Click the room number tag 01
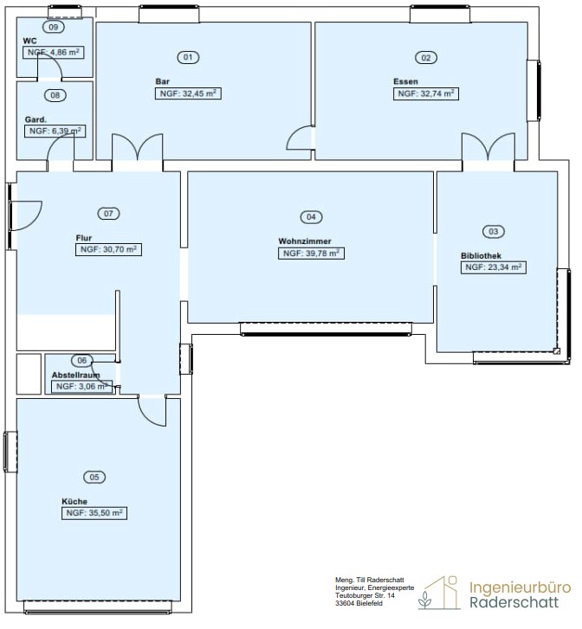pyautogui.click(x=188, y=57)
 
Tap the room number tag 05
pyautogui.click(x=94, y=477)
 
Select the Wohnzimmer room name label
pyautogui.click(x=305, y=241)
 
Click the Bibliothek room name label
pyautogui.click(x=482, y=255)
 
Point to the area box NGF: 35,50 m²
pyautogui.click(x=94, y=513)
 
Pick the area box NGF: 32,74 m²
pyautogui.click(x=426, y=93)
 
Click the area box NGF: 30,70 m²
pyautogui.click(x=108, y=249)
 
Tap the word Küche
pyautogui.click(x=74, y=502)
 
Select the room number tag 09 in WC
pyautogui.click(x=54, y=27)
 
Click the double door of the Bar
pyautogui.click(x=138, y=148)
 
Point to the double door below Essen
pyautogui.click(x=488, y=148)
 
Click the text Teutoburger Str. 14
pyautogui.click(x=365, y=596)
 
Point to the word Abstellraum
pyautogui.click(x=76, y=375)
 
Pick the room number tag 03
pyautogui.click(x=494, y=232)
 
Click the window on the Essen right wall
pyautogui.click(x=533, y=91)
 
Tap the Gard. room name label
pyautogui.click(x=36, y=119)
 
